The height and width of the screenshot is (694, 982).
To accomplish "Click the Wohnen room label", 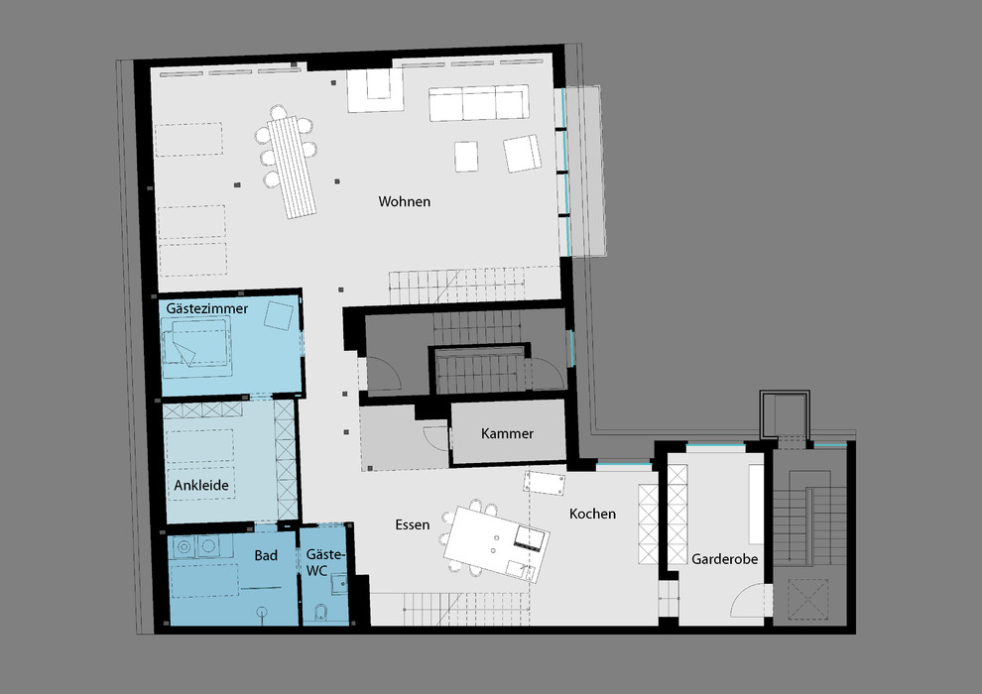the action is pos(404,201).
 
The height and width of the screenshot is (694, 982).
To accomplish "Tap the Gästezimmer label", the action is pos(206,308).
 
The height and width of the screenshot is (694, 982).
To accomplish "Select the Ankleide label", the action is pos(201,485).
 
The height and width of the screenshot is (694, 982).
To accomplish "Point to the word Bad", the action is pos(266,555).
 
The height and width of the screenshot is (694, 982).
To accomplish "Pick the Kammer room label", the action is pos(507,433).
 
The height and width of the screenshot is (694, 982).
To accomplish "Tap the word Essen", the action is pos(412,524).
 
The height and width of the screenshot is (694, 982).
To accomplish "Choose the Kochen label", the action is pos(592,514).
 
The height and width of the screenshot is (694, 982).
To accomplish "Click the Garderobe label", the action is pos(725,559).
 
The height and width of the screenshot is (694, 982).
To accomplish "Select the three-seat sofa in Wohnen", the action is pos(478,103).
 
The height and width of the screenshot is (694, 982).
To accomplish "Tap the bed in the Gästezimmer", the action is pos(196,347).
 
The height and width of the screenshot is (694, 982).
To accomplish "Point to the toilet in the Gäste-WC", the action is pos(320,613).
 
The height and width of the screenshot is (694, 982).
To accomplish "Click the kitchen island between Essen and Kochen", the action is pos(497,543).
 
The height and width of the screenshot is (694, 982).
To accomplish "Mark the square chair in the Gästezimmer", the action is pos(278,315).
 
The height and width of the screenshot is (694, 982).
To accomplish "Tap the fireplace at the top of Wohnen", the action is pos(375,89).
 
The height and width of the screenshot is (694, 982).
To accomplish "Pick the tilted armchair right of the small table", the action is pos(523,154).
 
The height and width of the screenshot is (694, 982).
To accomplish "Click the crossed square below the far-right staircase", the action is pos(807,600).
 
